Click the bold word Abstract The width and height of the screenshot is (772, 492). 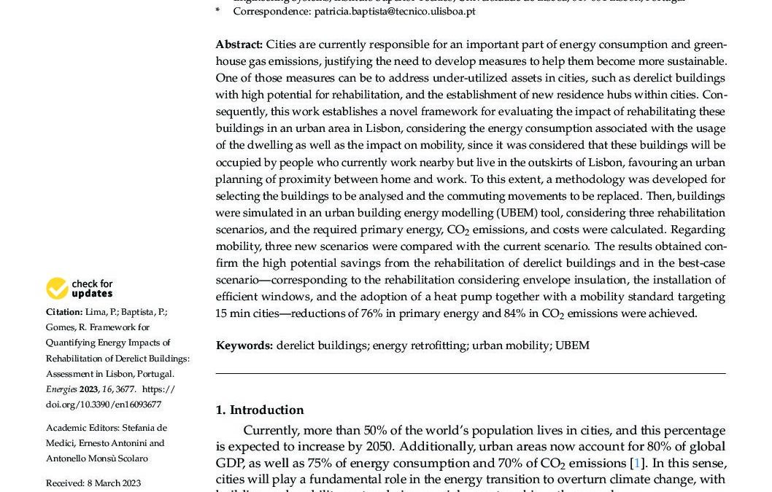pyautogui.click(x=239, y=45)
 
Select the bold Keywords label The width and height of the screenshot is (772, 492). pyautogui.click(x=244, y=345)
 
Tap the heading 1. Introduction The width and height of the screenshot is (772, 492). pyautogui.click(x=260, y=410)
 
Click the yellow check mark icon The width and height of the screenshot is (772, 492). pyautogui.click(x=57, y=289)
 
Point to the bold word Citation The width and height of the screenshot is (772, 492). pyautogui.click(x=64, y=312)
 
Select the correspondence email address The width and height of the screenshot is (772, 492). pyautogui.click(x=395, y=11)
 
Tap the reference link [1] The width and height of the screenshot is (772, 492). pyautogui.click(x=636, y=463)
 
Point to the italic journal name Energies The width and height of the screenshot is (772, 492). pyautogui.click(x=61, y=389)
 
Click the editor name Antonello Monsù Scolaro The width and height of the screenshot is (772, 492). pyautogui.click(x=97, y=458)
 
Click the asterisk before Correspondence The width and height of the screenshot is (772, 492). pyautogui.click(x=217, y=12)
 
